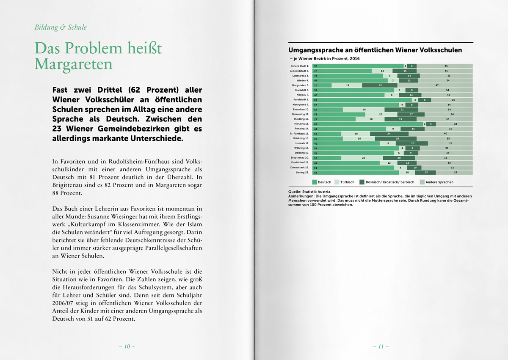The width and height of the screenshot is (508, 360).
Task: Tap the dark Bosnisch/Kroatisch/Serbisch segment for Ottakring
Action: (x=397, y=138)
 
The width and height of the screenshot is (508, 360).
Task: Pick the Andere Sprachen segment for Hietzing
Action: (x=453, y=124)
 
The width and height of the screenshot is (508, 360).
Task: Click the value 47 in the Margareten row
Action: (x=436, y=85)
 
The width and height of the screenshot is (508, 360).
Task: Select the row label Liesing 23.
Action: (x=301, y=173)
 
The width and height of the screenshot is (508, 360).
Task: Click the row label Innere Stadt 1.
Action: (x=300, y=66)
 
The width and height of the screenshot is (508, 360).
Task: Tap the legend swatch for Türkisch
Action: (x=337, y=182)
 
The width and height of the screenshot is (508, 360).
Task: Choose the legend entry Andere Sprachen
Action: (x=439, y=182)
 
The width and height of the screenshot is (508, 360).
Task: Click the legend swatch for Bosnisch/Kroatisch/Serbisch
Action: (x=362, y=182)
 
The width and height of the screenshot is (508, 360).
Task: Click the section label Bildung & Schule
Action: (x=61, y=27)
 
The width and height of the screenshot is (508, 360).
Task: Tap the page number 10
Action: (x=127, y=346)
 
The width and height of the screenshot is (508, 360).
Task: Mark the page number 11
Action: (x=381, y=346)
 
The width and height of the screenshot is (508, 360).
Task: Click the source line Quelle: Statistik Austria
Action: (x=309, y=192)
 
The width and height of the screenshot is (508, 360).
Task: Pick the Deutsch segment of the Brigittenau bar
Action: (x=326, y=158)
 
